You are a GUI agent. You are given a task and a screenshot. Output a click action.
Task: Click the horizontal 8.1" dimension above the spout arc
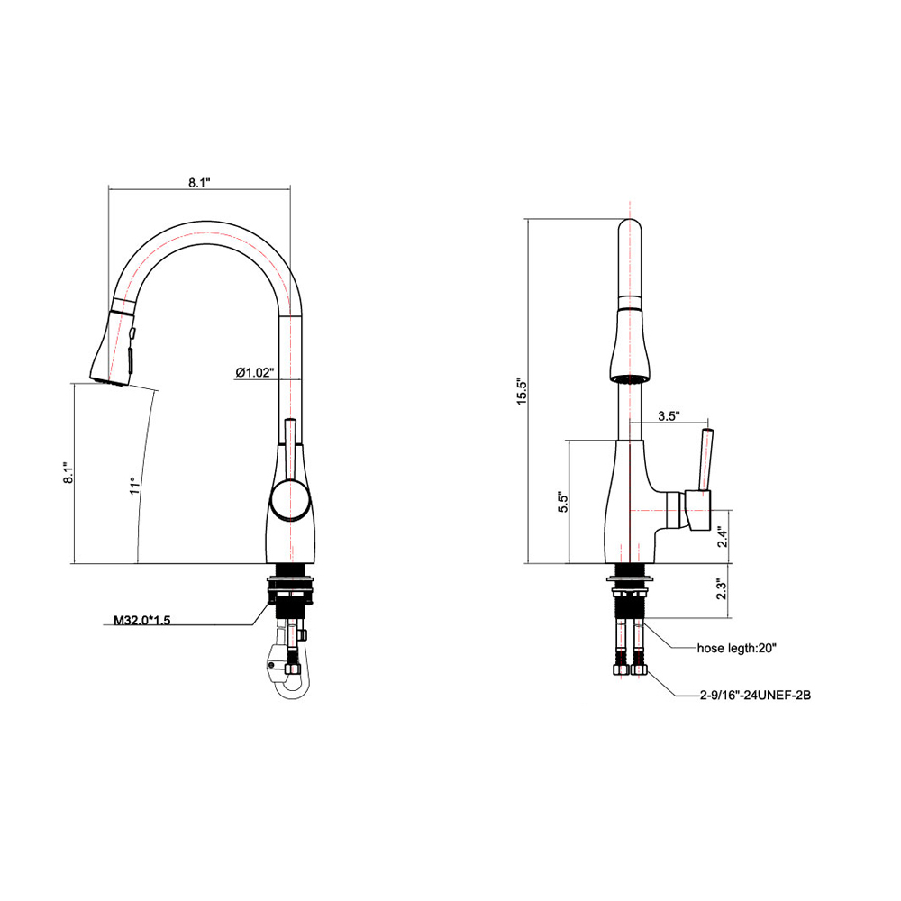point(199,182)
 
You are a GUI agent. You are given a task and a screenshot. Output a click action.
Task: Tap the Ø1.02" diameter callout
point(254,372)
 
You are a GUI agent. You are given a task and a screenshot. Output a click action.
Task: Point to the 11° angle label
point(134,487)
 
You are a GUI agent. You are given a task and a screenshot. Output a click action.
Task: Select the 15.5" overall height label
point(521,391)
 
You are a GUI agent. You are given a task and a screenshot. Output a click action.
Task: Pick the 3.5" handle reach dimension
point(668,416)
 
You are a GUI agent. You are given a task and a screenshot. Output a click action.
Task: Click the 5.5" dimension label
point(561,502)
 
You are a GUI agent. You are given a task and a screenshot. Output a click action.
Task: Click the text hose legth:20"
point(736,647)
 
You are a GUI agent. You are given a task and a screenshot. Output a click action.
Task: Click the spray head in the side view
point(114,347)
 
